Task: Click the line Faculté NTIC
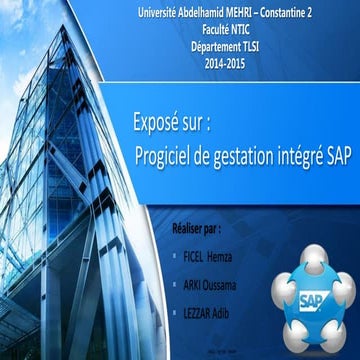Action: click(x=222, y=29)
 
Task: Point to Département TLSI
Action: click(x=222, y=46)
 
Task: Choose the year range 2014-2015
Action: click(x=222, y=63)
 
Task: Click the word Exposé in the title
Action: click(x=157, y=129)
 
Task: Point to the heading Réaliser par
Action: click(x=197, y=229)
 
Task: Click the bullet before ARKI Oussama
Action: click(x=177, y=286)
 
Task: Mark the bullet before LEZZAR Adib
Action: click(x=177, y=315)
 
